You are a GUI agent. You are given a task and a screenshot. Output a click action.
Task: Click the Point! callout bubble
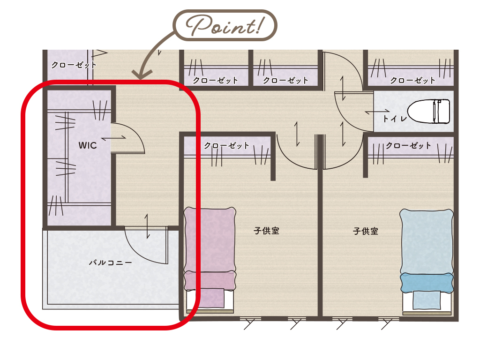[225, 25]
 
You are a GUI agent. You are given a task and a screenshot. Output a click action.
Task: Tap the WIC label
[88, 145]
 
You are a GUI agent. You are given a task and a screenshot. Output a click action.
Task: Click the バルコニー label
[110, 262]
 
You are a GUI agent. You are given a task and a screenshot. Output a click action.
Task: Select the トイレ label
[395, 119]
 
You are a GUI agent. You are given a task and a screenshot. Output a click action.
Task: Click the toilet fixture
[428, 111]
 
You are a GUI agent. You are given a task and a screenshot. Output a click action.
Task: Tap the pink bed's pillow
[210, 280]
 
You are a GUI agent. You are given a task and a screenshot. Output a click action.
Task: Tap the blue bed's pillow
[427, 282]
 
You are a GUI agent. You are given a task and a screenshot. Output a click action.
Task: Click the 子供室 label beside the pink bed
[266, 231]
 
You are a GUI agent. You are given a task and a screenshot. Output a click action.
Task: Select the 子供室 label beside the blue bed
[366, 231]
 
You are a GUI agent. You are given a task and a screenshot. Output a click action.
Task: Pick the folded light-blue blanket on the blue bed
[427, 300]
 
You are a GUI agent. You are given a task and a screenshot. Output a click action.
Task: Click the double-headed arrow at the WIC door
[113, 138]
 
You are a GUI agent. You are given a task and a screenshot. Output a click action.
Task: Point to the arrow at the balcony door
[147, 226]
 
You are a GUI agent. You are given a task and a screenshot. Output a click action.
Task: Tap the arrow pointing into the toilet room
[377, 112]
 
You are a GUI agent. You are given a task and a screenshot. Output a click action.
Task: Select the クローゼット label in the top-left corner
[74, 65]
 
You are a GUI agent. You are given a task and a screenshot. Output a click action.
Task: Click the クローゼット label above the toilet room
[412, 81]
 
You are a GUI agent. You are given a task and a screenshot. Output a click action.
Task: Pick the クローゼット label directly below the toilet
[408, 145]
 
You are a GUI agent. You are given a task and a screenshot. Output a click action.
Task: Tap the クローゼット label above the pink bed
[226, 145]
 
